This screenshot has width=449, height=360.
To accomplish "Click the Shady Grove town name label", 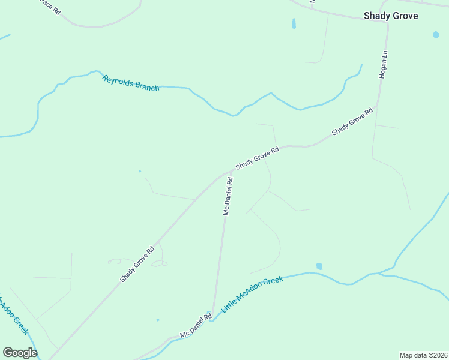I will pos(390,16).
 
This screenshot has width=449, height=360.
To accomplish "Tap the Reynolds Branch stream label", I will pos(131,83).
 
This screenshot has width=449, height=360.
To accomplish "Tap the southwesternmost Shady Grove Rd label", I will pos(137,264).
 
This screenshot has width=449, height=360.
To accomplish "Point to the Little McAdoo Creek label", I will pos(252,294).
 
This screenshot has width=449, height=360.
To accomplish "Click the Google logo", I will pos(20,353).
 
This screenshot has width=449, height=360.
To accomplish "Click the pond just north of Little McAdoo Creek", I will pos(319,266).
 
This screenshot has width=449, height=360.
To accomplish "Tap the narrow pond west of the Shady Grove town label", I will pos(294,24).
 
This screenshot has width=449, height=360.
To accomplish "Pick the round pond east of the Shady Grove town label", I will pos(436,35).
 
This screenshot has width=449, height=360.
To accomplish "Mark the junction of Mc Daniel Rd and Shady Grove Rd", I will pos(231,172).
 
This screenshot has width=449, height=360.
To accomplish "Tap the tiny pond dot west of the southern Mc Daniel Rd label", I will pos(158,320).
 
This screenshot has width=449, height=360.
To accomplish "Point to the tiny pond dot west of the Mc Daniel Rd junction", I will pos(140,171).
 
